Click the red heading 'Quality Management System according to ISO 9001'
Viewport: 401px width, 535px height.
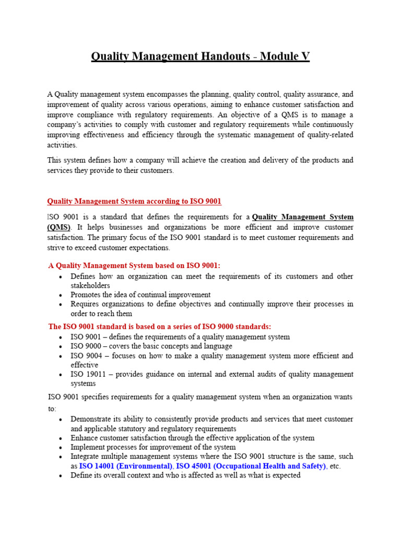coord(134,201)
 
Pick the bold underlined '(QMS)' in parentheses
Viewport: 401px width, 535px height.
coord(58,227)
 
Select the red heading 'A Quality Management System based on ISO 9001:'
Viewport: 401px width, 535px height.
coord(138,265)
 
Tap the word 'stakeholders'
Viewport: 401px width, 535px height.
coord(90,286)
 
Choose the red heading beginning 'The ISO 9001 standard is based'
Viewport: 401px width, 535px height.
coord(160,327)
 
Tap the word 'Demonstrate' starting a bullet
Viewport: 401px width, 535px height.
coord(91,419)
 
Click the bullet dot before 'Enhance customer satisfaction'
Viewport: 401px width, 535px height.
coord(61,438)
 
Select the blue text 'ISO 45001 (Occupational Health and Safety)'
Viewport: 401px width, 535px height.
coord(252,466)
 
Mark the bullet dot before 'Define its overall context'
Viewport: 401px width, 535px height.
coord(61,476)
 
